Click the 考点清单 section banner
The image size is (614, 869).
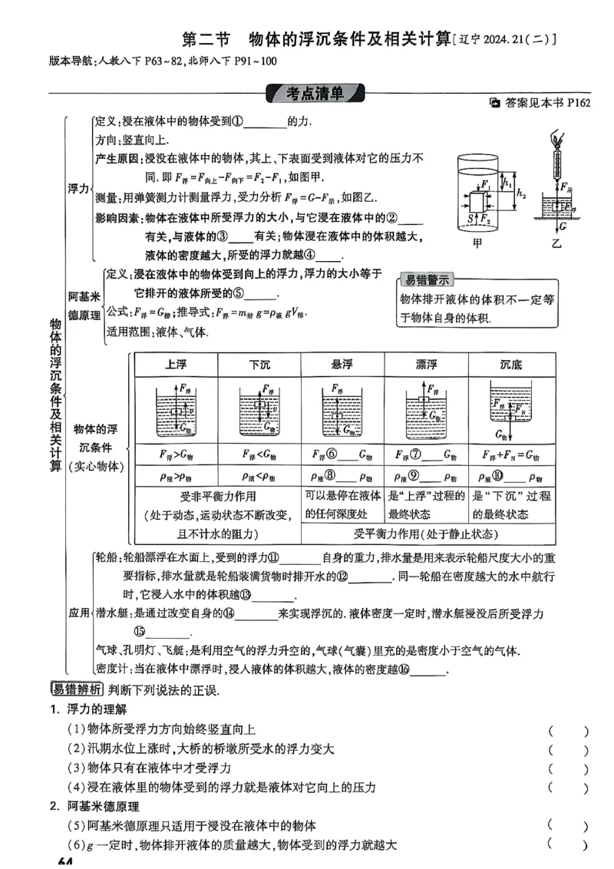click(x=315, y=94)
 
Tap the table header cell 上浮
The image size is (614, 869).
click(x=176, y=365)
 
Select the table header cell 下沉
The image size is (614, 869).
click(x=259, y=365)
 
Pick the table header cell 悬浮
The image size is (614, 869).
click(x=342, y=365)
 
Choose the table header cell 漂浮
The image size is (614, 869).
click(x=426, y=365)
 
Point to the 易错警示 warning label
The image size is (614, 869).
click(x=428, y=279)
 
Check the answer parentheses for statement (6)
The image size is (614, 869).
click(x=569, y=845)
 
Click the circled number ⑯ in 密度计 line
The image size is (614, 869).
click(x=404, y=669)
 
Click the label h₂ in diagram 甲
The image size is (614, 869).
click(x=522, y=193)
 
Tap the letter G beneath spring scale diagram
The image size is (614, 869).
click(x=563, y=227)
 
